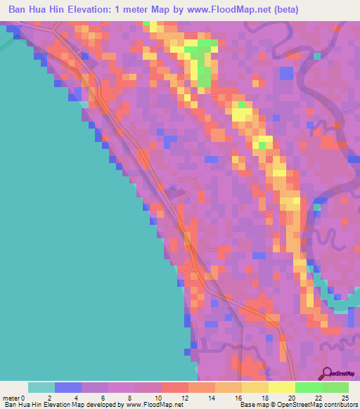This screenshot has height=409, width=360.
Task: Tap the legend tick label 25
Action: [344, 398]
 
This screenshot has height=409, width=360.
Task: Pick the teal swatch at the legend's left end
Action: [41, 387]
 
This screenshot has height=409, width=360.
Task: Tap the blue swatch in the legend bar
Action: [68, 387]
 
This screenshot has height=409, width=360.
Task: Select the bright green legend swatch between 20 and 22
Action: [309, 387]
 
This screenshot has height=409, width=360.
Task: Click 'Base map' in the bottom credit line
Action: [252, 405]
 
